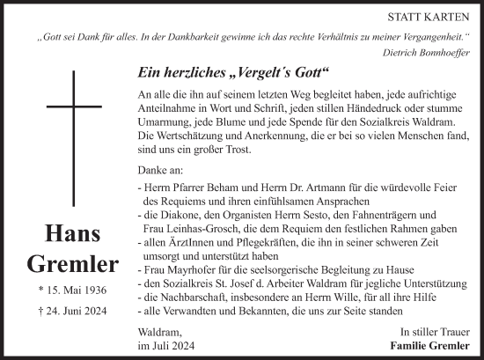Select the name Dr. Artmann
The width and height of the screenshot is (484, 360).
coord(289,186)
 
